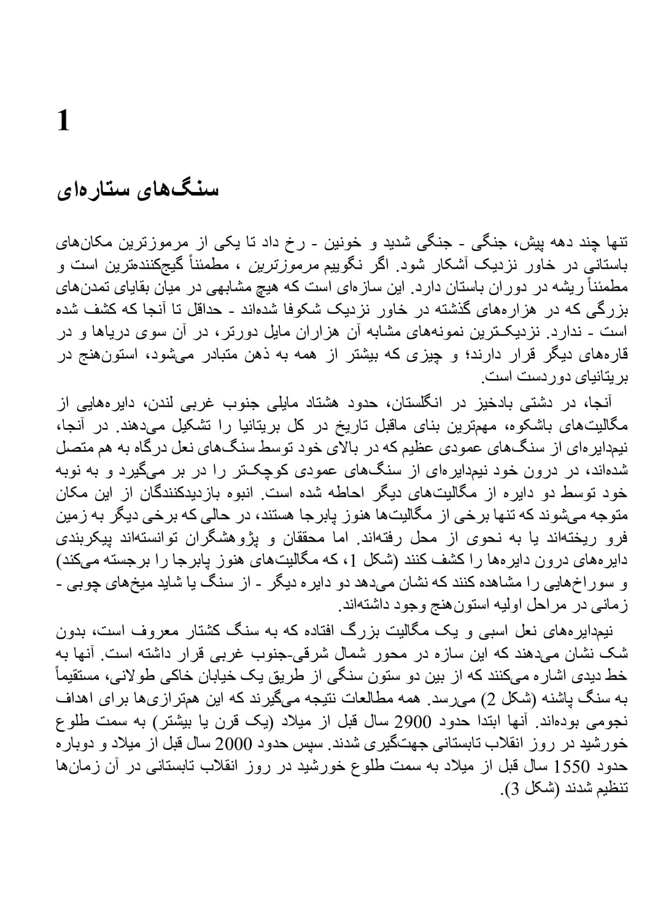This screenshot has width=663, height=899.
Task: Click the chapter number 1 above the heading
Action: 63,121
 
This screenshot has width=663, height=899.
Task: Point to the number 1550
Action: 572,767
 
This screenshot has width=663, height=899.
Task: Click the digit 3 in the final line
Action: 518,789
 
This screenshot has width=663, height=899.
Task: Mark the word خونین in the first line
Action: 352,243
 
